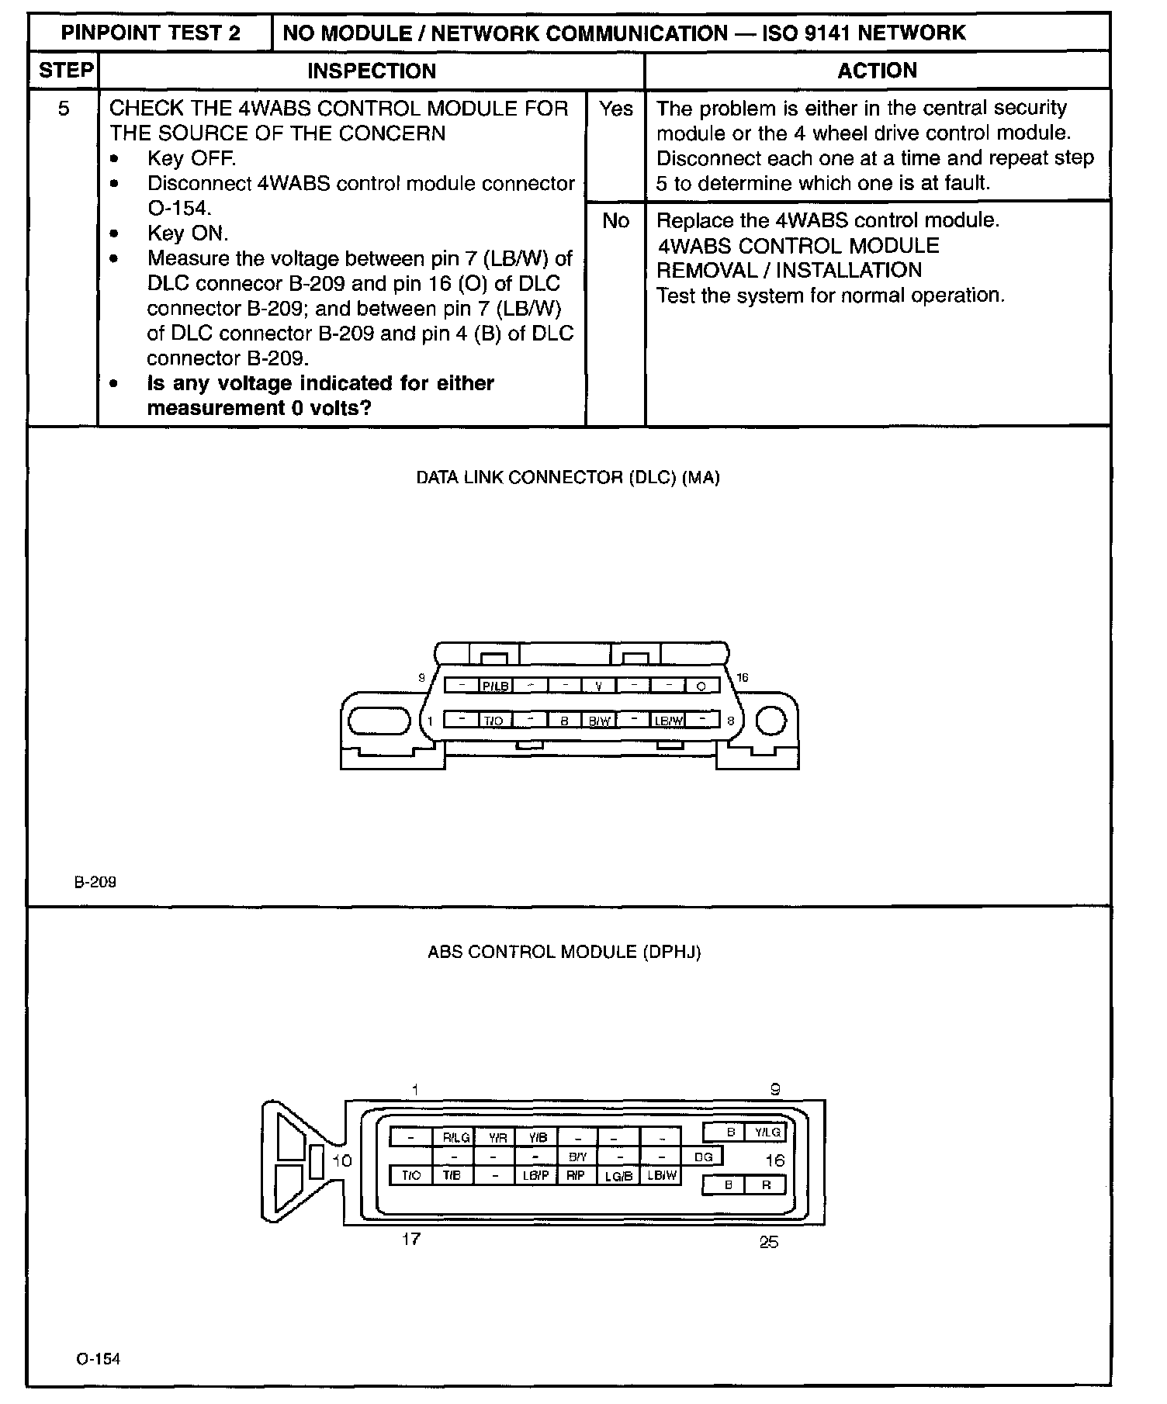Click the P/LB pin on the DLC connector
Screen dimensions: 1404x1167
[495, 686]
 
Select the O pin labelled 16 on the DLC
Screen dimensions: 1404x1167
[701, 686]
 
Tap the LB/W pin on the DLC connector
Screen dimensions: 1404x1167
[668, 720]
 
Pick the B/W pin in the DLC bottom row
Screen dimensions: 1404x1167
[599, 720]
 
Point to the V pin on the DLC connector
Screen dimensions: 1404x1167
[598, 686]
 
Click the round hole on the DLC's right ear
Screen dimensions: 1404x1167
[770, 721]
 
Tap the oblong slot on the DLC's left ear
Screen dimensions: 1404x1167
[379, 721]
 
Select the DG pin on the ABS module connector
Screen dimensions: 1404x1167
[703, 1157]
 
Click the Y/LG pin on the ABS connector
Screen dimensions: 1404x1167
[767, 1133]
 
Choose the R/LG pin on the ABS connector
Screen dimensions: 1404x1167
[456, 1137]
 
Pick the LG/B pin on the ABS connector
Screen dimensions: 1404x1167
[618, 1176]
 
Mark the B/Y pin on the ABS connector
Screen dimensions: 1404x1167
[577, 1157]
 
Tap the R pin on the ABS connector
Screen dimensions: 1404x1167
[766, 1185]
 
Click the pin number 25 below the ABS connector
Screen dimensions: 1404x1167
[768, 1242]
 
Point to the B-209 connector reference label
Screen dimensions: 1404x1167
[95, 882]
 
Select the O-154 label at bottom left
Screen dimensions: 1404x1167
[99, 1358]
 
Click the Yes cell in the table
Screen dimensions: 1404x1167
[615, 109]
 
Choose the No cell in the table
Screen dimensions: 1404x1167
[615, 221]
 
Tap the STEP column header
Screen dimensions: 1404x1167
[65, 71]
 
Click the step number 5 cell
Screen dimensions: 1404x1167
[64, 109]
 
